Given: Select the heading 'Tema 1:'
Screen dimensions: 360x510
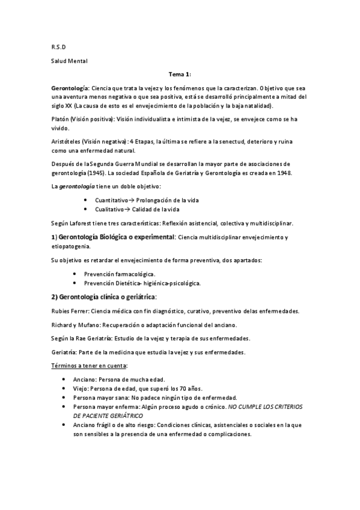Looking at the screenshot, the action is [x=180, y=74].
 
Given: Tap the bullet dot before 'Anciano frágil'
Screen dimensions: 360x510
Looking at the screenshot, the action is [x=64, y=425].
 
